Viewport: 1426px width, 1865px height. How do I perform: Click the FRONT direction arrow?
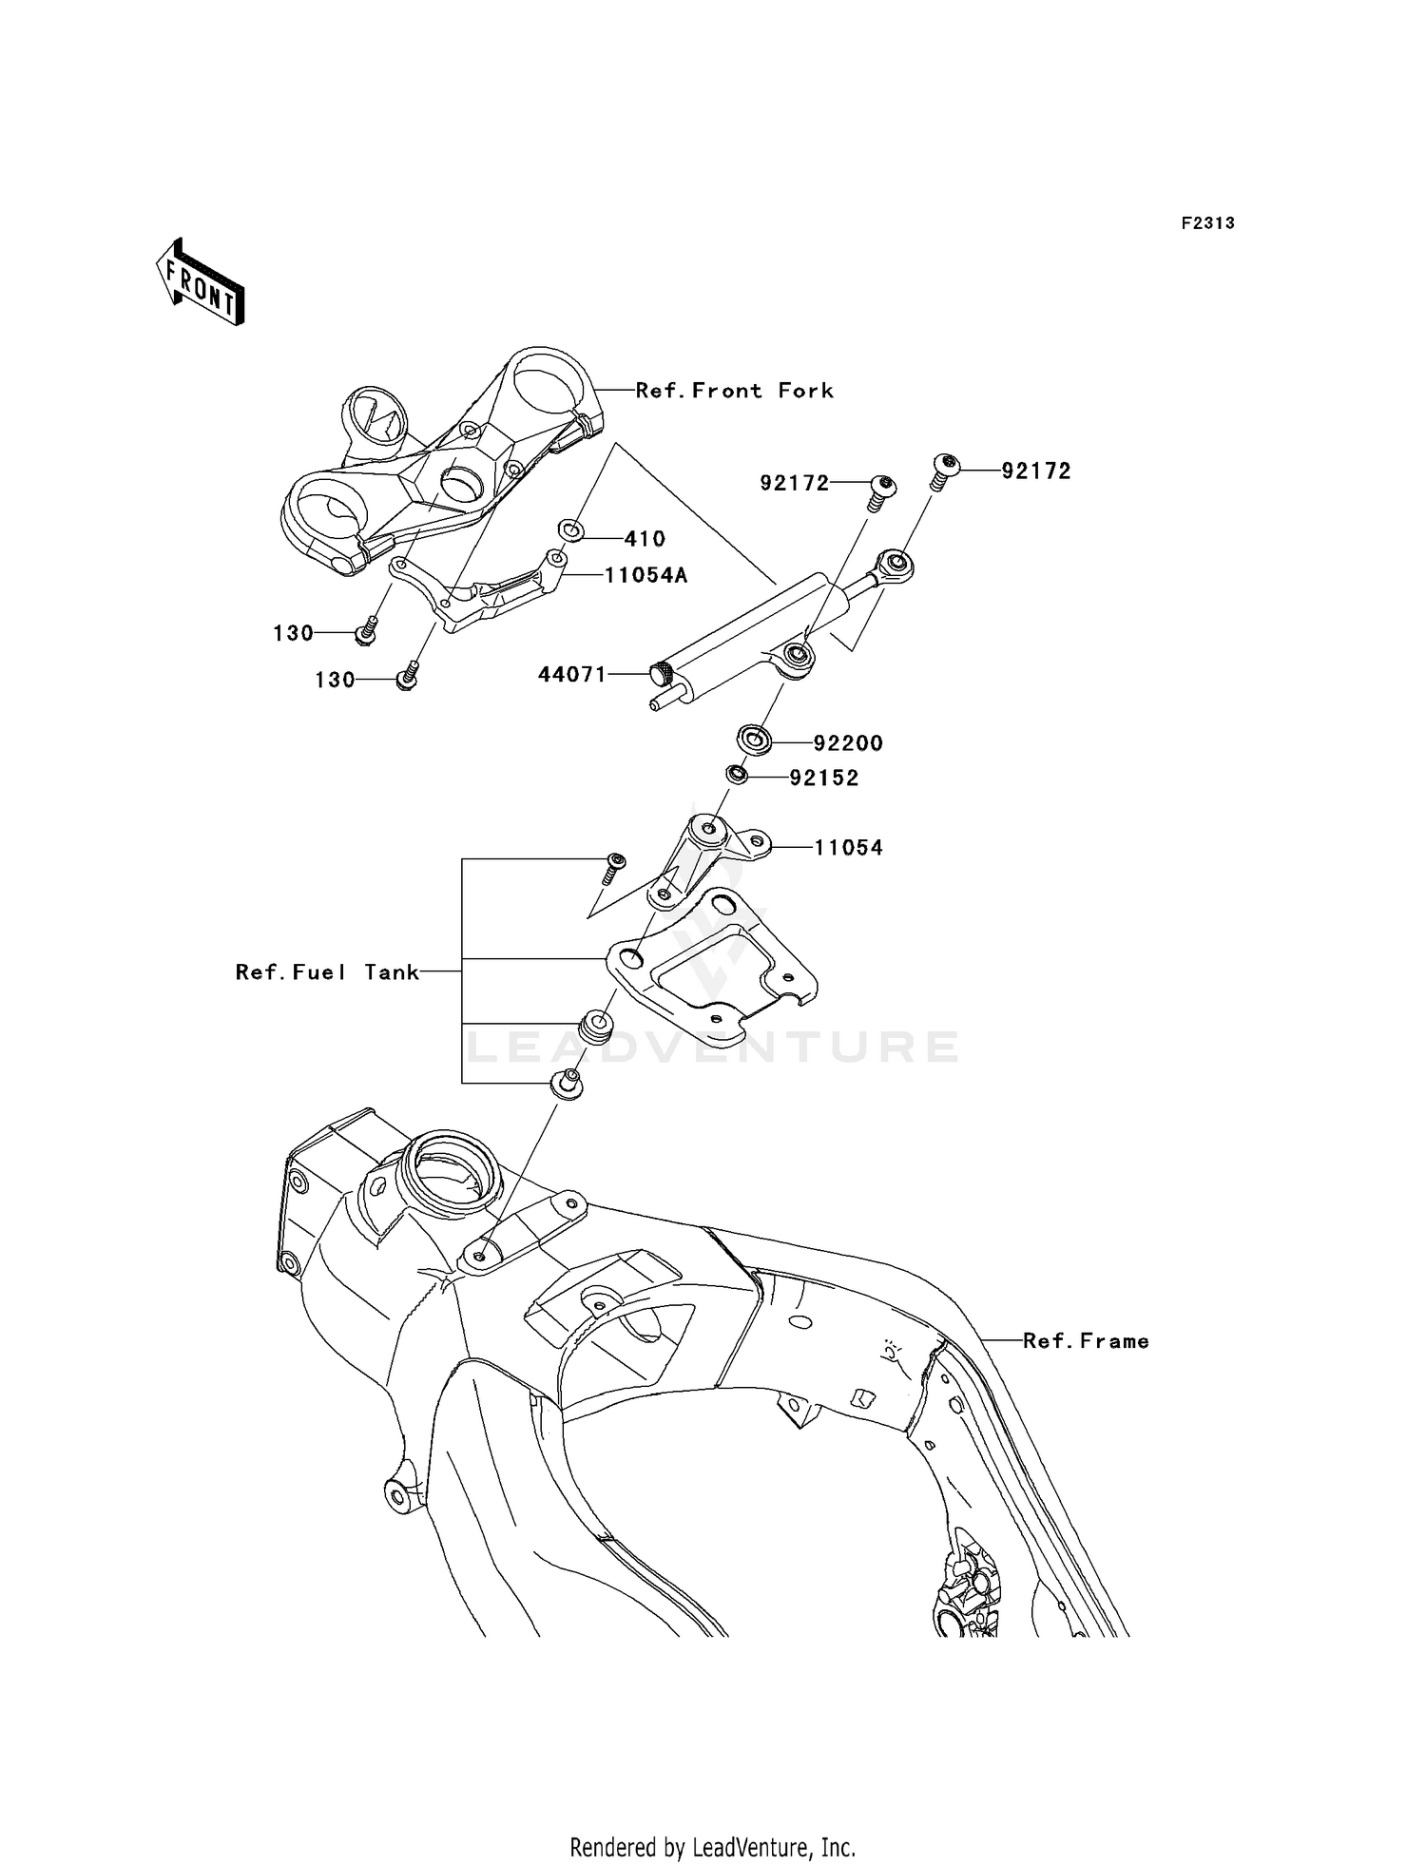tap(201, 284)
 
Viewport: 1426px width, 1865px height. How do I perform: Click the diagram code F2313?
tap(1207, 223)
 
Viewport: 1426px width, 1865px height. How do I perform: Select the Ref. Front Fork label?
tap(734, 391)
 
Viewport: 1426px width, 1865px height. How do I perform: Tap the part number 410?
tap(645, 539)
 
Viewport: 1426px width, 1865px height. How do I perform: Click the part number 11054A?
tap(646, 575)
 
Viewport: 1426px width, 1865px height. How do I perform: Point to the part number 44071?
tap(571, 675)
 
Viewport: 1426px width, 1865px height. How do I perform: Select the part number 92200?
tap(848, 743)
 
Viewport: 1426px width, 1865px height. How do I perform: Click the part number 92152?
tap(824, 779)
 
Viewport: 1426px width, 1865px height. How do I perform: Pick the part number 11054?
tap(848, 848)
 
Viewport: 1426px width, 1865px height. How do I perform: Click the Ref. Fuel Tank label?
tap(327, 971)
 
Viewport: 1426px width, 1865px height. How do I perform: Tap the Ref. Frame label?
tap(1086, 1341)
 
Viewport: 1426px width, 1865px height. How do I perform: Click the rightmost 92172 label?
tap(1036, 471)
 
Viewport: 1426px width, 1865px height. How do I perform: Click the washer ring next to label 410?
tap(570, 529)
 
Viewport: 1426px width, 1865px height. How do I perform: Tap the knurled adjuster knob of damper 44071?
tap(660, 674)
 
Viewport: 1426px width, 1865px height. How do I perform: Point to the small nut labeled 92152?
tap(736, 775)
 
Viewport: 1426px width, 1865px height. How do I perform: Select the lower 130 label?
tap(335, 681)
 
